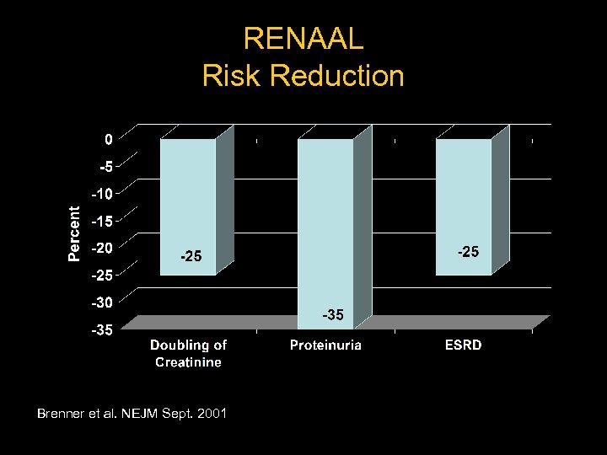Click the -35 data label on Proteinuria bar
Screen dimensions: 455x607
click(332, 315)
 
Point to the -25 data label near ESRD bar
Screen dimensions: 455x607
click(468, 251)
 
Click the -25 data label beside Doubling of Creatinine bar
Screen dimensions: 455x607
click(190, 256)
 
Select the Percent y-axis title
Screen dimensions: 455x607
click(75, 233)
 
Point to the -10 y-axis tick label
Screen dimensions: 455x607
click(101, 194)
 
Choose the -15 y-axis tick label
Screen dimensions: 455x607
click(101, 221)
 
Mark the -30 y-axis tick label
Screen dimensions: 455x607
click(101, 302)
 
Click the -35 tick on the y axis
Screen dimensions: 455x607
click(101, 329)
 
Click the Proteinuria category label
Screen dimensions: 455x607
click(325, 345)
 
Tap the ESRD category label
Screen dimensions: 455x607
click(464, 345)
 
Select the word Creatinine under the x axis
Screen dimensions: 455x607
click(188, 361)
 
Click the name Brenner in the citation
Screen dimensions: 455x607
click(62, 414)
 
